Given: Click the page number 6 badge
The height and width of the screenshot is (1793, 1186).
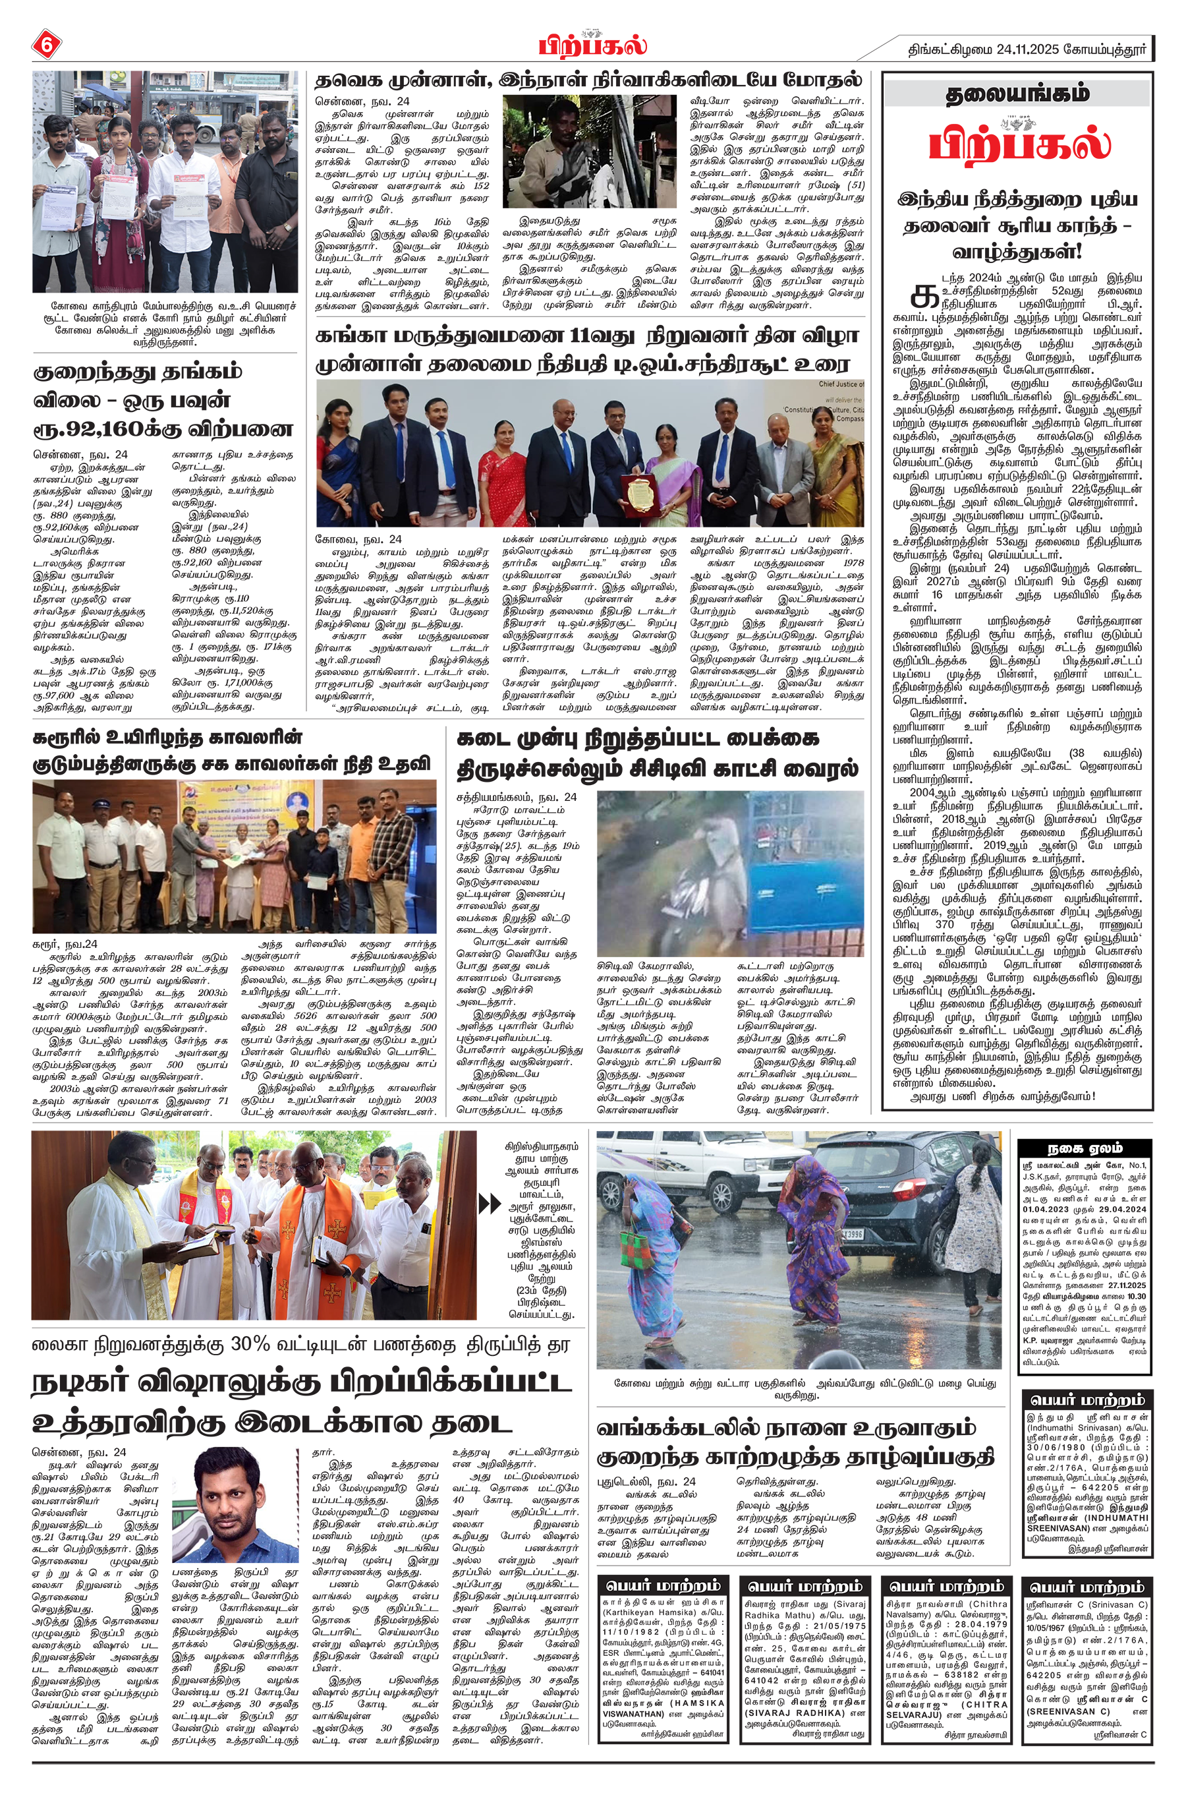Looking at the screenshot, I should pyautogui.click(x=45, y=45).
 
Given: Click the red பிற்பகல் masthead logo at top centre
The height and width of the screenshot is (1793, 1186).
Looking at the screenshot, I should pyautogui.click(x=592, y=45).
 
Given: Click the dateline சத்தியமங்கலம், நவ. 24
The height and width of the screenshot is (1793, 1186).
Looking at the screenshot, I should pyautogui.click(x=516, y=798).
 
